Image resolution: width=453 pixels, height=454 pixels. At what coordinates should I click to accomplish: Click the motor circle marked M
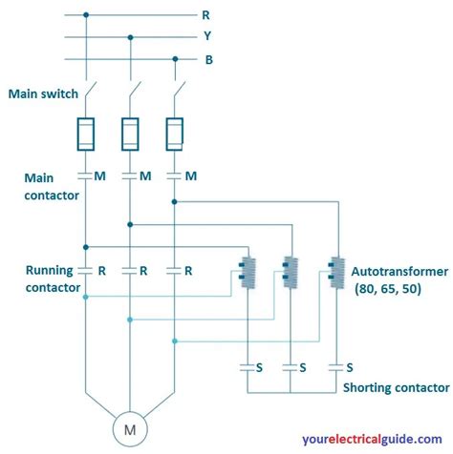coord(130,429)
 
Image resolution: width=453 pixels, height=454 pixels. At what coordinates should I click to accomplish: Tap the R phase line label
coord(205,15)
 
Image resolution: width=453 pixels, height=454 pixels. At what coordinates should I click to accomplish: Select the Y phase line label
coord(205,37)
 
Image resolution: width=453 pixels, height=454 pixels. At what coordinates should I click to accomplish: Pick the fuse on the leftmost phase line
coord(85,134)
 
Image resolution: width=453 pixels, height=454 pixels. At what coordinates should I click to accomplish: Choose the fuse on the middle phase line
coord(130,134)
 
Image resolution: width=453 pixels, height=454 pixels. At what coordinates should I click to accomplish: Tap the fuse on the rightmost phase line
coord(174,134)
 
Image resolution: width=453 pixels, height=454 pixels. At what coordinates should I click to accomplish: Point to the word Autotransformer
coord(399,270)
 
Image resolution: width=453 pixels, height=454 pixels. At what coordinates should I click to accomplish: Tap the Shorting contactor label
coord(395,387)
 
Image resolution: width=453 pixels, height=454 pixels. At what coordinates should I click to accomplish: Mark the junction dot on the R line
coord(85,15)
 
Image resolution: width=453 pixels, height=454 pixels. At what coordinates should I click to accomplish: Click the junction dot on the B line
coord(174,59)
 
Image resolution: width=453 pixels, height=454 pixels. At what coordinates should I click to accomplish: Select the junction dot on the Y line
coord(130,37)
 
